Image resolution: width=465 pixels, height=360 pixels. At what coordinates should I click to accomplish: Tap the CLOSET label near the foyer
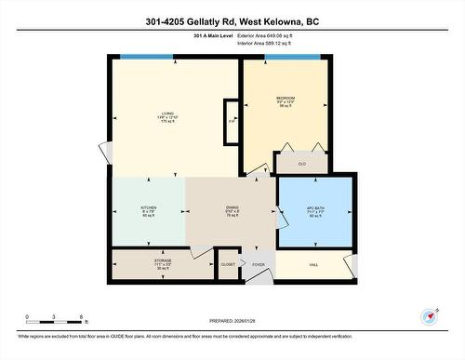point(228,263)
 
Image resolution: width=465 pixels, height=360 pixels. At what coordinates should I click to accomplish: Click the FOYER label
point(258,264)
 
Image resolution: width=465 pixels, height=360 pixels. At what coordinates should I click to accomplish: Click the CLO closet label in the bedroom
point(301,164)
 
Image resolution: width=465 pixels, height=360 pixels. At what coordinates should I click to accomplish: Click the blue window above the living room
point(142,59)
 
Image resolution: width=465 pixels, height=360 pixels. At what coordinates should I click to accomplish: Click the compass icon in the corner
point(429,316)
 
